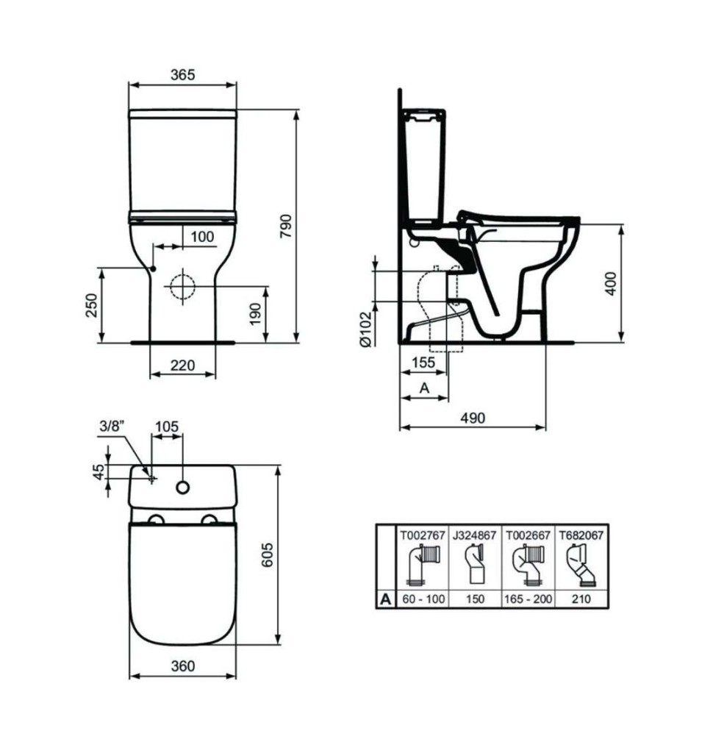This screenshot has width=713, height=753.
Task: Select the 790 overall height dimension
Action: pyautogui.click(x=286, y=226)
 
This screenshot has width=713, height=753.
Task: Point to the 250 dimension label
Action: pyautogui.click(x=91, y=305)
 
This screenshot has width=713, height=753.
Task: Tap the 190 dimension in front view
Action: pyautogui.click(x=256, y=314)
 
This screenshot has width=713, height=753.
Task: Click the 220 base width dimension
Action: pyautogui.click(x=183, y=365)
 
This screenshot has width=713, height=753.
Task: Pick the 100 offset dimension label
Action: pyautogui.click(x=202, y=237)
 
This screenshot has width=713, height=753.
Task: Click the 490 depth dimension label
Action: pyautogui.click(x=473, y=418)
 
